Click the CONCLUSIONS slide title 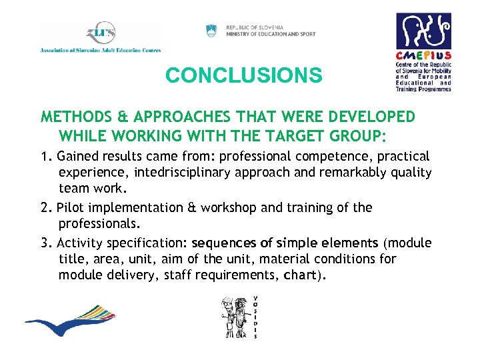click(x=243, y=75)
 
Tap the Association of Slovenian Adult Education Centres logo click(x=100, y=37)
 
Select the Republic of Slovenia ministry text click(x=271, y=31)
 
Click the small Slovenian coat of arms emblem click(x=211, y=30)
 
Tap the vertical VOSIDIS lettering click(x=255, y=316)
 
